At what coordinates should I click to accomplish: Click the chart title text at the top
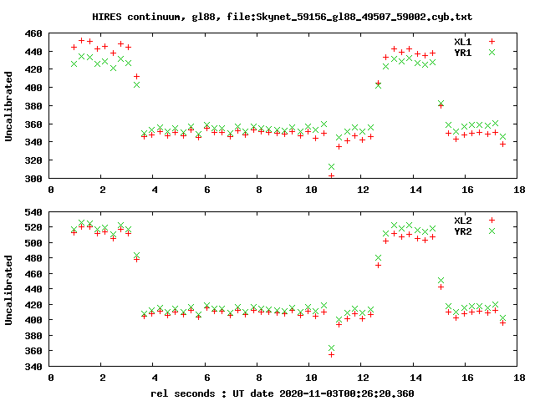267,17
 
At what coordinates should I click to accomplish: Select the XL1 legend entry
462,41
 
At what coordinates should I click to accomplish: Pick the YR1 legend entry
462,52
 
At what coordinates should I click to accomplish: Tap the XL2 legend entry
462,220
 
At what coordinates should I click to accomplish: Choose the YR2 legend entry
462,231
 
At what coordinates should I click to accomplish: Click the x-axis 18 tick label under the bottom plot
518,378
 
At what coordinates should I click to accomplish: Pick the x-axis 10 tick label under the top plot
311,190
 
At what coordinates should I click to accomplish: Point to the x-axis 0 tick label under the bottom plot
51,378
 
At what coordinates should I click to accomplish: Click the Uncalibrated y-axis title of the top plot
9,106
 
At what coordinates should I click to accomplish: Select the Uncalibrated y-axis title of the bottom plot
9,289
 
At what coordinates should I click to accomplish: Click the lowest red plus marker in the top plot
331,175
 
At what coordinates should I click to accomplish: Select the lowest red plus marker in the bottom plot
331,354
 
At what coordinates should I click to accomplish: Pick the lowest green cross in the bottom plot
331,348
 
